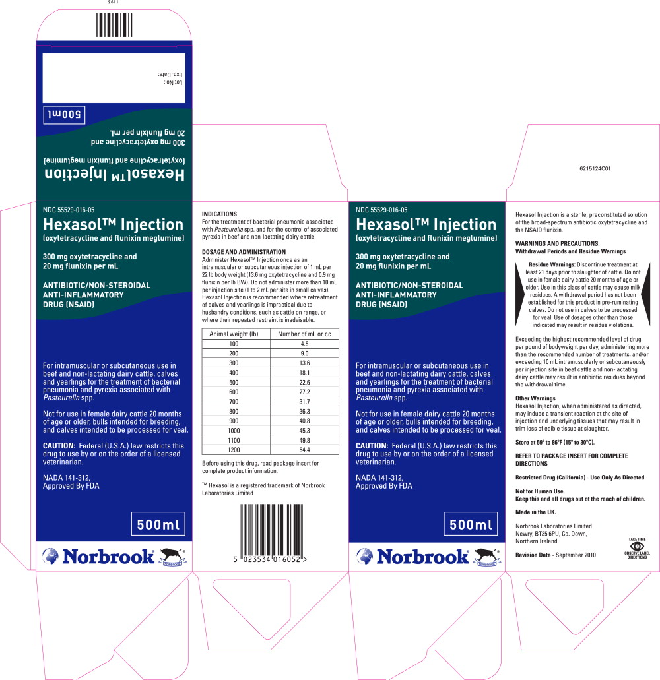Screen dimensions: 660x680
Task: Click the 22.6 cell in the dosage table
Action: pos(305,382)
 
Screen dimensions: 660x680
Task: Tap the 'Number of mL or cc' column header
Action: pos(305,334)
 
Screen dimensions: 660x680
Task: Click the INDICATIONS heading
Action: pos(219,214)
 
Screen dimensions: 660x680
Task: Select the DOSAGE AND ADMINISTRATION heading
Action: pos(244,251)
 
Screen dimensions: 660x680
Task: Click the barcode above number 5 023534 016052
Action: pos(272,529)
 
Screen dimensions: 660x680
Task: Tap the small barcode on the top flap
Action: pos(114,25)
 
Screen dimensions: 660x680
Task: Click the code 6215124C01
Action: pos(595,168)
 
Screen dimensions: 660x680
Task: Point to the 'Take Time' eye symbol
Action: pos(637,546)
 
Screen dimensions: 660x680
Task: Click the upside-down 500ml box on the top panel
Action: pos(64,115)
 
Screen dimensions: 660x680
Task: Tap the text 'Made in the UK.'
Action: pos(535,512)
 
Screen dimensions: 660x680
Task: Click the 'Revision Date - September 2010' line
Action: pos(556,555)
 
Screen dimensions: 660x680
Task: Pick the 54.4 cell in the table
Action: pos(305,450)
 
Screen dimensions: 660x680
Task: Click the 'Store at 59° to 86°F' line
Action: pos(555,443)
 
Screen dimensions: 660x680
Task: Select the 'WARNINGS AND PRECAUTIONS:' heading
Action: pos(558,244)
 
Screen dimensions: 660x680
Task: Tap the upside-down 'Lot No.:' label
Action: pos(173,82)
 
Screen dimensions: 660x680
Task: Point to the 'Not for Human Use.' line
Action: pos(540,491)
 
